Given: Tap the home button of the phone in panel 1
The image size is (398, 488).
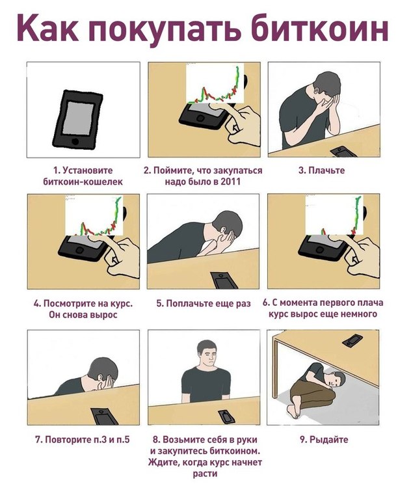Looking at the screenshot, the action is (75, 141).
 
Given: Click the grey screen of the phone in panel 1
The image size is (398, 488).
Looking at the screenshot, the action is (79, 118).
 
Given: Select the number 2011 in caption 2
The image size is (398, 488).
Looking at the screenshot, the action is (231, 181).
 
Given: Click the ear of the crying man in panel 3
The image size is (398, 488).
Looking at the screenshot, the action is (317, 93).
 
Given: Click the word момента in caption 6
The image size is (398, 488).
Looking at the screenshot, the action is (298, 303).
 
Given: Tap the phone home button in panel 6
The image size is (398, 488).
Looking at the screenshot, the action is (319, 249).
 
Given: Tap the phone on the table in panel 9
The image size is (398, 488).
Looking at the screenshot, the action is (352, 340).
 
